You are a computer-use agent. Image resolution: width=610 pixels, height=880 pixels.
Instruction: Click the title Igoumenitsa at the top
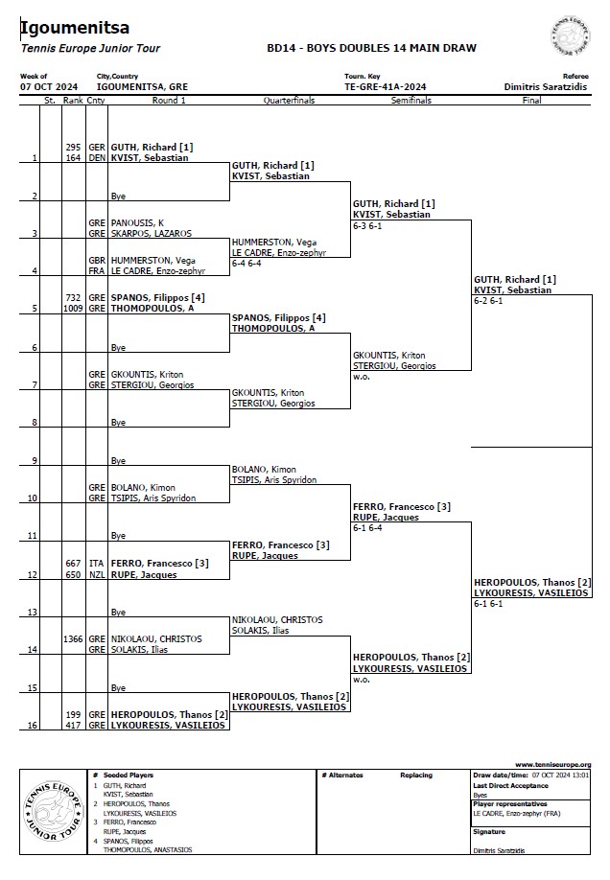click(x=75, y=27)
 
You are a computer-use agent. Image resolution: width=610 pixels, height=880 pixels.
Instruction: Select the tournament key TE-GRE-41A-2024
click(x=386, y=87)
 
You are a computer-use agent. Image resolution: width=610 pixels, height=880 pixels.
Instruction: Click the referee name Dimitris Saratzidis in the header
click(x=546, y=87)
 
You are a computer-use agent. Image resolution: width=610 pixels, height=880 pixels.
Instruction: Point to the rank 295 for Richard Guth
click(x=73, y=147)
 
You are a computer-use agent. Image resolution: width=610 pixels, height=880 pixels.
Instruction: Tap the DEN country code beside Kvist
click(x=97, y=158)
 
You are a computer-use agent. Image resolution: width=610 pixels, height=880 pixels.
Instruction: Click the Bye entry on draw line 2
click(x=118, y=197)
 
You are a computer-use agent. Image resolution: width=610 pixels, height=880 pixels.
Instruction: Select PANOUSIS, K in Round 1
click(x=137, y=222)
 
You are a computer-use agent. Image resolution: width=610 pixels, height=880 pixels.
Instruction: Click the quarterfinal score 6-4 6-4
click(x=246, y=264)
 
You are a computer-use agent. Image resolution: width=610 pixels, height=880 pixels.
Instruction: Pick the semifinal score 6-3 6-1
click(x=367, y=225)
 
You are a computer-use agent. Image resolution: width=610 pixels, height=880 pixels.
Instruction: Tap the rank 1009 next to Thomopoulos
click(x=72, y=308)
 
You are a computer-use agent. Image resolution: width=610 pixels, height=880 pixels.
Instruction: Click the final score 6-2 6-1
click(x=488, y=301)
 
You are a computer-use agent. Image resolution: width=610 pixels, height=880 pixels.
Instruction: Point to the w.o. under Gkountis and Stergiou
click(x=362, y=377)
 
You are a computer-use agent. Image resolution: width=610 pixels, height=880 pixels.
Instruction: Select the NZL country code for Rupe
click(x=97, y=575)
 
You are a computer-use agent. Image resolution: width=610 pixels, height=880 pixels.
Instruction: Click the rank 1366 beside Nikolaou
click(x=73, y=639)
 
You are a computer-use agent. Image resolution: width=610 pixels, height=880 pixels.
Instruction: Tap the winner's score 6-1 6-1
click(x=488, y=604)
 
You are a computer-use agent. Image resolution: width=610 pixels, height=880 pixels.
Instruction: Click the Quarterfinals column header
click(x=290, y=101)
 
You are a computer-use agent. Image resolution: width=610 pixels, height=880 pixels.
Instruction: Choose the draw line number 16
click(x=33, y=725)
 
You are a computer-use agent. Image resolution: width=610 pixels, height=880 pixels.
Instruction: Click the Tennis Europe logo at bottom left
click(x=53, y=812)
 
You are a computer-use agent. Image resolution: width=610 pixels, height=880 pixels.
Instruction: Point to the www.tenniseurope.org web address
click(x=553, y=764)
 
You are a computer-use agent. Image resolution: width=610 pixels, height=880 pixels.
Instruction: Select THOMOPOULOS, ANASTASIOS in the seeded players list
click(x=147, y=849)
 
